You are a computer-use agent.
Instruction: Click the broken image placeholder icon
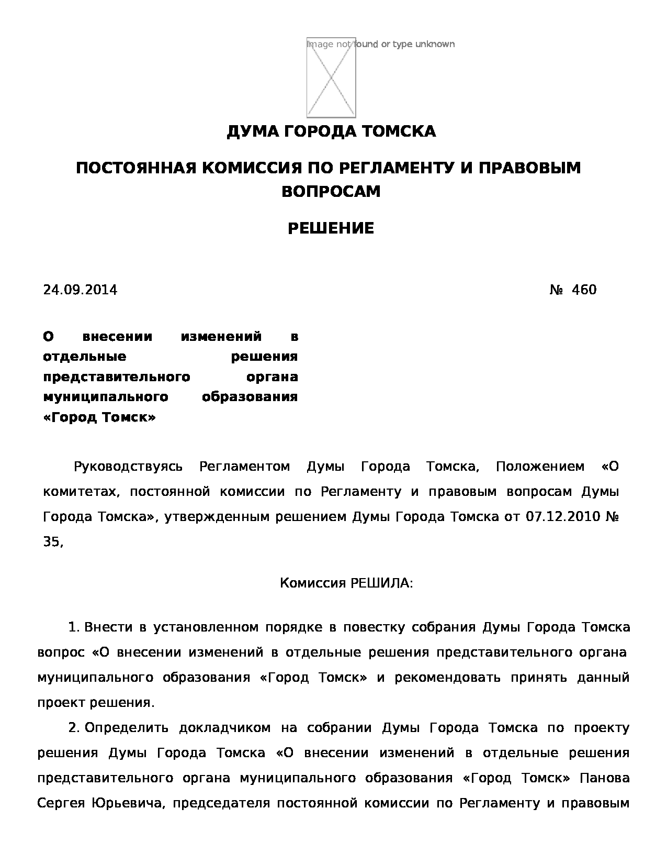coord(331,77)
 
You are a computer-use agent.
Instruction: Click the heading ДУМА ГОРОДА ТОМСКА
coord(331,131)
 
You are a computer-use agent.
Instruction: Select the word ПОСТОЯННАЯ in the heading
coord(136,168)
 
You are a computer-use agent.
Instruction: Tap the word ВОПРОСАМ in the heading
coord(331,192)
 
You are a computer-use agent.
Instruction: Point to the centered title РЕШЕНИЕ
coord(331,228)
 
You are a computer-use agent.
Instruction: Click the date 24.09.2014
coord(80,290)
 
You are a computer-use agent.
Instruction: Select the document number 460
coord(584,290)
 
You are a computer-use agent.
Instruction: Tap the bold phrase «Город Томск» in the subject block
coord(99,417)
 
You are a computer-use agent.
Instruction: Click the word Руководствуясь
coord(128,467)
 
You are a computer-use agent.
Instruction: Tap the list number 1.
coord(74,627)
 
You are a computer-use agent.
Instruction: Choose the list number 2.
coord(74,728)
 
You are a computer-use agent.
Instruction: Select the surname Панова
coord(605,778)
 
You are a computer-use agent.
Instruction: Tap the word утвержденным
coord(218,517)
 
